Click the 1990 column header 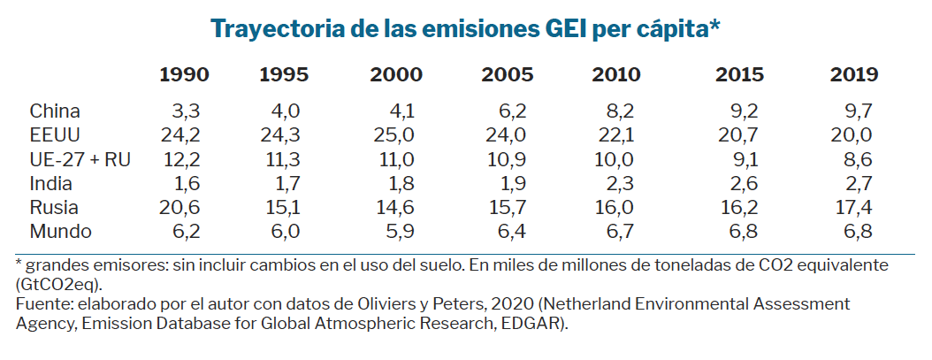click(x=184, y=75)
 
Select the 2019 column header click(x=853, y=75)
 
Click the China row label click(x=55, y=111)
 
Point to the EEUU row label click(x=56, y=135)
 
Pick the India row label click(x=50, y=184)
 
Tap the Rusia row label click(x=54, y=209)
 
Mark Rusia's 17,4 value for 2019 click(x=854, y=209)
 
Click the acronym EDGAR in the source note click(x=533, y=323)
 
